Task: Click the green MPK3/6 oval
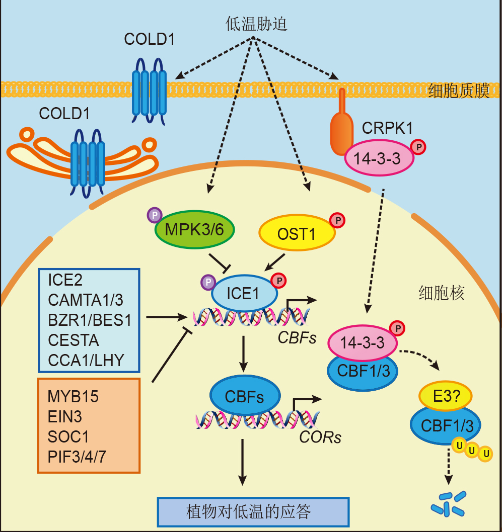195,230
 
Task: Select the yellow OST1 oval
297,233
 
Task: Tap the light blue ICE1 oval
245,293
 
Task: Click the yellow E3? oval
446,396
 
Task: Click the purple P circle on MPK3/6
155,215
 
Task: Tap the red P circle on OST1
337,221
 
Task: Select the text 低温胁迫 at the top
256,24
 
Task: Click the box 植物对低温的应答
253,512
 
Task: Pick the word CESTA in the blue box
74,340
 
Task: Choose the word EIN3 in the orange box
64,417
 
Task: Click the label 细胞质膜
459,91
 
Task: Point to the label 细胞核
441,293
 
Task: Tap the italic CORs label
320,437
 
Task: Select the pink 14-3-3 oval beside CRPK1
379,158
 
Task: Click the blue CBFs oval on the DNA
245,396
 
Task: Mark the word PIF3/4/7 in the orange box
77,457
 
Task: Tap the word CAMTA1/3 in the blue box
86,300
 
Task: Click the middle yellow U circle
472,451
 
